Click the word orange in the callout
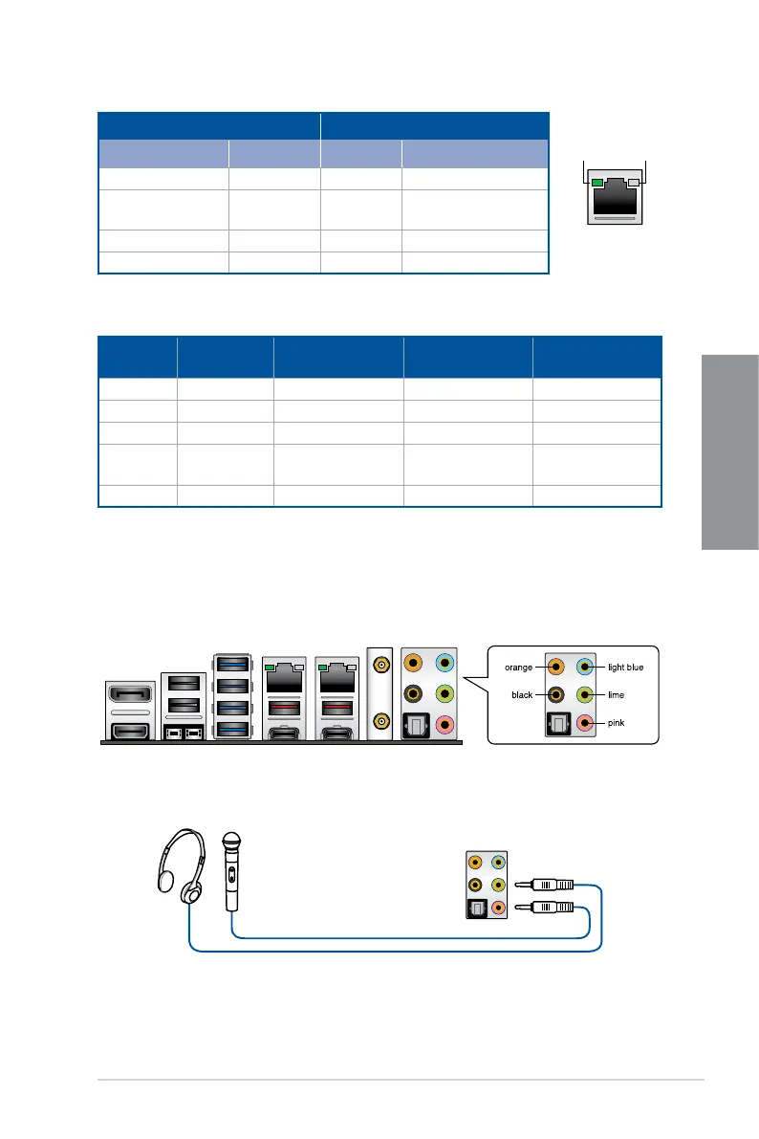pyautogui.click(x=518, y=667)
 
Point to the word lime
pyautogui.click(x=619, y=695)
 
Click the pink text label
pyautogui.click(x=619, y=725)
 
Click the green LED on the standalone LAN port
pyautogui.click(x=598, y=182)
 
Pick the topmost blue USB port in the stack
pyautogui.click(x=231, y=665)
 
